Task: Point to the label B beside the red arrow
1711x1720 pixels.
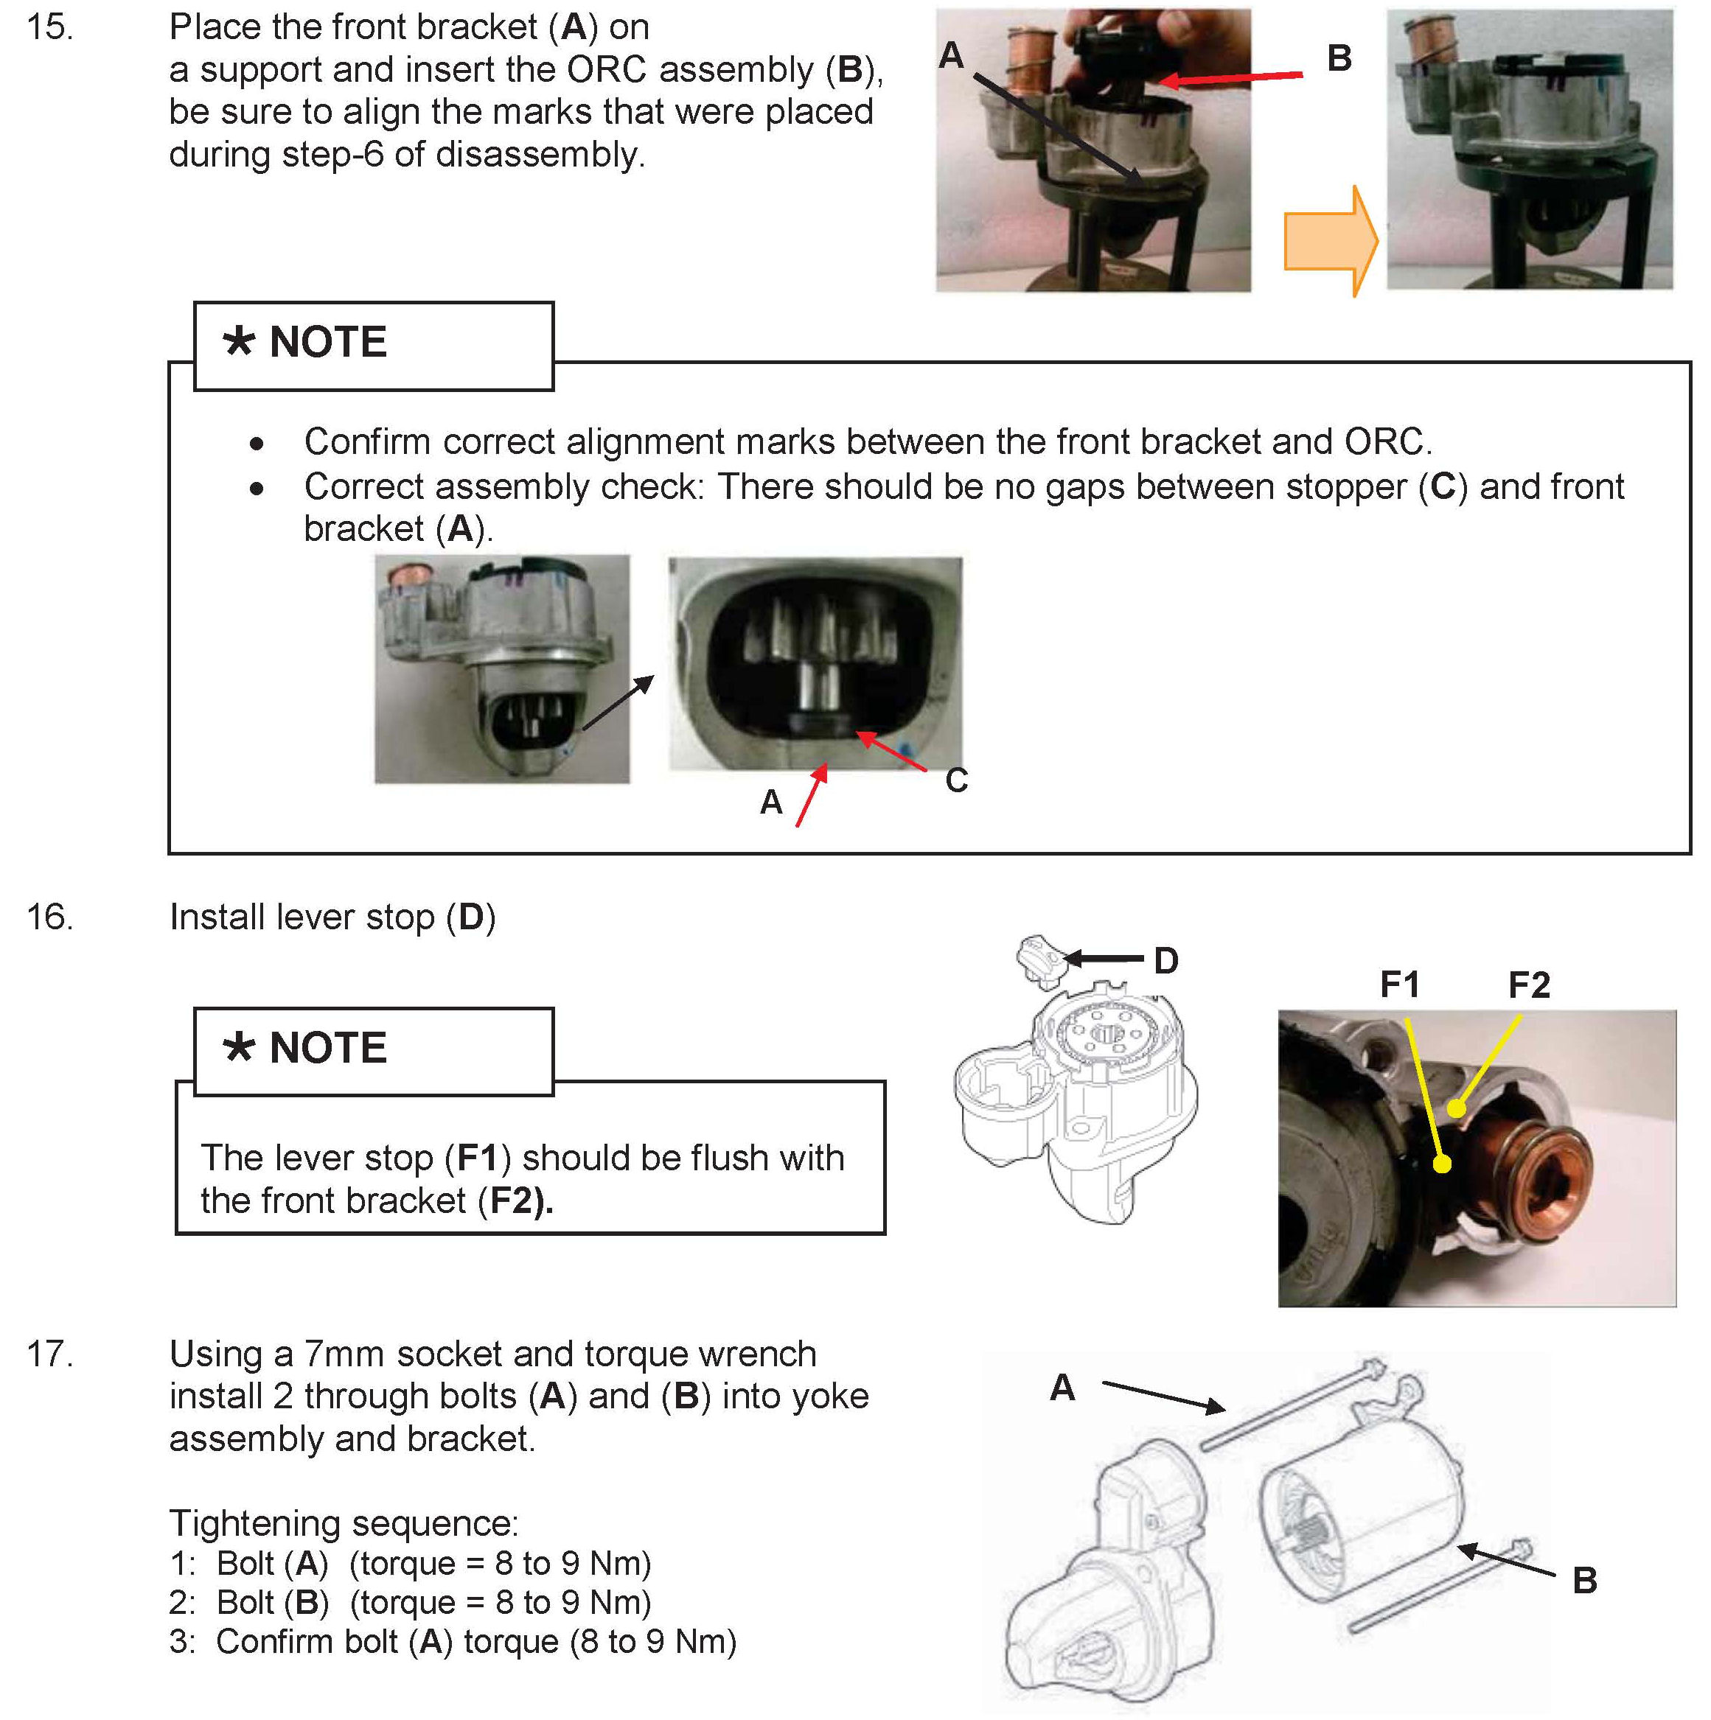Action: click(x=1339, y=59)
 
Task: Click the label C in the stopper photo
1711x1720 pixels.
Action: click(x=955, y=780)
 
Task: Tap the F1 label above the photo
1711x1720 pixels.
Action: click(x=1399, y=985)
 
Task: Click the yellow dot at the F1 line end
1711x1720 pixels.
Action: click(x=1443, y=1164)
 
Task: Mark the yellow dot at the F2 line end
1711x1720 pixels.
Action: click(x=1455, y=1108)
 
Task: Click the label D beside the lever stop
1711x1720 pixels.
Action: click(x=1166, y=961)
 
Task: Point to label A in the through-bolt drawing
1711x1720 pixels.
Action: click(x=1062, y=1387)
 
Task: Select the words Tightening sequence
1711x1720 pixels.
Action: click(x=344, y=1523)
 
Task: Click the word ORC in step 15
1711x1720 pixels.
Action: click(x=606, y=69)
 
